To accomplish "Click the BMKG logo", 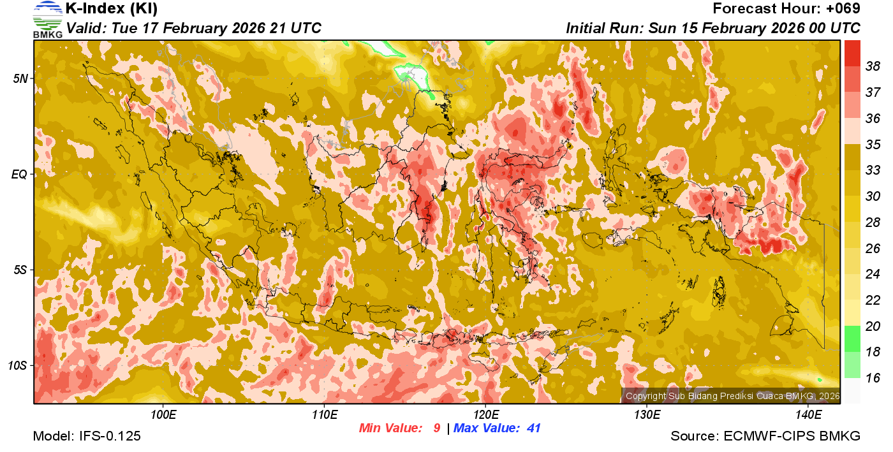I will [x=47, y=20].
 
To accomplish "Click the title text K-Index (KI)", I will [x=112, y=9].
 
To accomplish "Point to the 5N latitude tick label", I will [x=20, y=78].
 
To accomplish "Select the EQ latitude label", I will [x=18, y=173].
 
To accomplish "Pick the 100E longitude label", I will [x=163, y=414].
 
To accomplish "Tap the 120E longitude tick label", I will [x=485, y=414].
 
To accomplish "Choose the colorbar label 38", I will [x=873, y=66].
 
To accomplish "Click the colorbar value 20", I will [x=873, y=326].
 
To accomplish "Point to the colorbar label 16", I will [x=873, y=378].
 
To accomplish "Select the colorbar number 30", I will [x=873, y=196].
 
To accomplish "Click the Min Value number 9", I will [x=436, y=428].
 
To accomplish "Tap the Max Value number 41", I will [x=533, y=428].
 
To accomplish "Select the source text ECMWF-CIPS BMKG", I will [x=792, y=437].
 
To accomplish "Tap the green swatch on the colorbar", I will [x=853, y=339].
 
